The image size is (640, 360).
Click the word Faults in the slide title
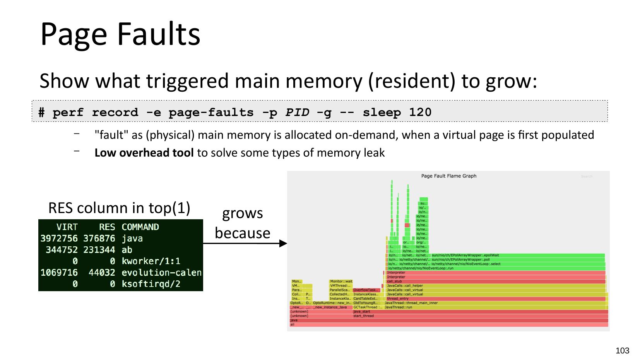[x=158, y=34]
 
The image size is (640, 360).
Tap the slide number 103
[x=622, y=351]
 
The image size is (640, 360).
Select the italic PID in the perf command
[x=297, y=113]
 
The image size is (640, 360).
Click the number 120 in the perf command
[x=420, y=113]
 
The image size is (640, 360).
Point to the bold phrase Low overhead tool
[x=144, y=153]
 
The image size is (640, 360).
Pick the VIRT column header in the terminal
[x=67, y=227]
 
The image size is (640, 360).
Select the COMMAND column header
[x=140, y=227]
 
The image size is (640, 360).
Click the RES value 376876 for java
[x=99, y=238]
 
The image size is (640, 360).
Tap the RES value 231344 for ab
[x=99, y=250]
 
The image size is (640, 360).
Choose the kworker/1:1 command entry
[x=151, y=261]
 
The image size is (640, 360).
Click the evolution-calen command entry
[x=161, y=273]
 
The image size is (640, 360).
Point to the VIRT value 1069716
[x=59, y=273]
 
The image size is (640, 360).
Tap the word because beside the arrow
[x=242, y=233]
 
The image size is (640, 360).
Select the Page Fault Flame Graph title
[x=448, y=176]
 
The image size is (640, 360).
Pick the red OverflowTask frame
[x=366, y=290]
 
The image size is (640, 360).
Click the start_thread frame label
[x=363, y=316]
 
